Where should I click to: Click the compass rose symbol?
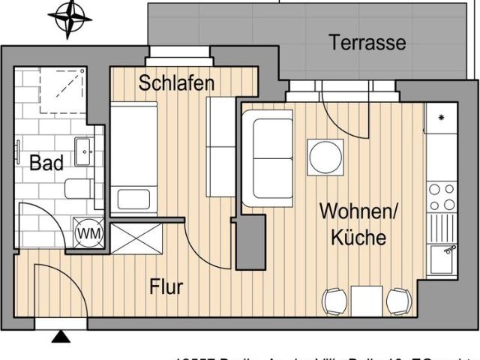70,18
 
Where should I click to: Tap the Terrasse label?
367,43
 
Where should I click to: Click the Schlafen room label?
176,82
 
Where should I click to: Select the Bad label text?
46,163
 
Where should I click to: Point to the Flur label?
166,286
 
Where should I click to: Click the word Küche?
358,238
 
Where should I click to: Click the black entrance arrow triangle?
60,337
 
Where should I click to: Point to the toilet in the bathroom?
79,188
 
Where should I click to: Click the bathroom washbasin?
82,153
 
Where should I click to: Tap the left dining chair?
334,301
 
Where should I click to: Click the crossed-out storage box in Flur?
136,238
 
